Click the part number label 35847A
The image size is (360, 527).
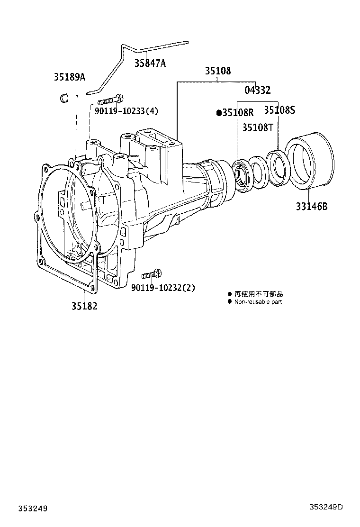(x=150, y=63)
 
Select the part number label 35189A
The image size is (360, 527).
(x=69, y=77)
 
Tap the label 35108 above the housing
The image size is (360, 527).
(x=218, y=71)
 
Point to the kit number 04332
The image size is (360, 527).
(x=257, y=90)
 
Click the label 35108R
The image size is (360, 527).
(x=238, y=113)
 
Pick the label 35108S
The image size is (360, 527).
(x=279, y=110)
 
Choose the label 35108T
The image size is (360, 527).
(x=258, y=127)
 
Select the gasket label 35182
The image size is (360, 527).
(x=84, y=306)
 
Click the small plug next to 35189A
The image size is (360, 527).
(x=64, y=98)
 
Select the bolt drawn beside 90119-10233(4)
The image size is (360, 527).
(x=110, y=100)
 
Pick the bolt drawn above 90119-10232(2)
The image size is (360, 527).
(x=152, y=274)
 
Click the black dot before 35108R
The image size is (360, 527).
(x=219, y=113)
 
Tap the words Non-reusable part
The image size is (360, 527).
(x=258, y=302)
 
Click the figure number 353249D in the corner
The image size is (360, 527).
(x=326, y=507)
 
